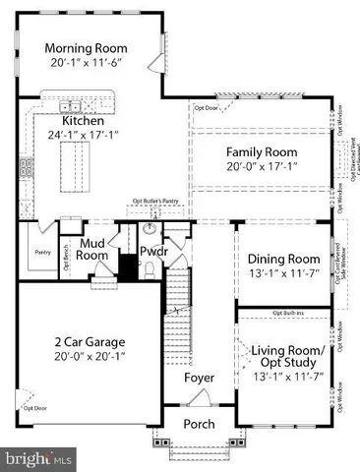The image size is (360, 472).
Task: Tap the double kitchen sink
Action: (70, 105)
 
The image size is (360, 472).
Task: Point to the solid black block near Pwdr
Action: (126, 266)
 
